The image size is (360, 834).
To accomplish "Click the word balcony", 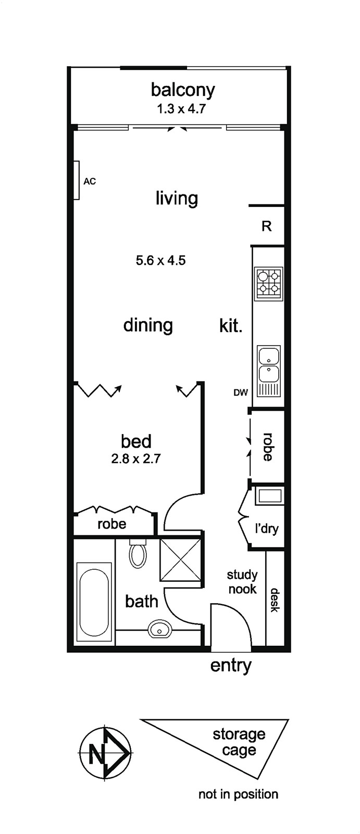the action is [x=183, y=91].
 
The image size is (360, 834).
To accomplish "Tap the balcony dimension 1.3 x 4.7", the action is [x=181, y=109].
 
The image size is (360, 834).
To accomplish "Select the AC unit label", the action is [x=90, y=181].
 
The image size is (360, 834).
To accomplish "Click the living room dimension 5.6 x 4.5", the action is [x=161, y=260].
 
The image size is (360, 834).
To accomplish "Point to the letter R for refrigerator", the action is [x=267, y=226].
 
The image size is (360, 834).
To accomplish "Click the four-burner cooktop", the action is [x=268, y=284].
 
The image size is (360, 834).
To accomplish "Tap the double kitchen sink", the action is [x=269, y=364].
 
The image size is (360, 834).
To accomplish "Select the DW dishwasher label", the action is [x=241, y=393].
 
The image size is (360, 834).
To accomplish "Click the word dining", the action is [x=148, y=326].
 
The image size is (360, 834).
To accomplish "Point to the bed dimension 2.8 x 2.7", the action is [x=136, y=459].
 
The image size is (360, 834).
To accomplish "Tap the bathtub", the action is [x=94, y=602].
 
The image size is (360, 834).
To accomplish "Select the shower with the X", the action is [x=181, y=559].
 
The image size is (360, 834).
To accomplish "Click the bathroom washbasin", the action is [x=159, y=630].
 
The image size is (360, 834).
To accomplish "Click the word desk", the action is [x=275, y=600].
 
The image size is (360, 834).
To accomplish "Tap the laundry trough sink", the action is [x=269, y=496].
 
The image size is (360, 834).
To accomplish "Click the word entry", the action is [x=231, y=666].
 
